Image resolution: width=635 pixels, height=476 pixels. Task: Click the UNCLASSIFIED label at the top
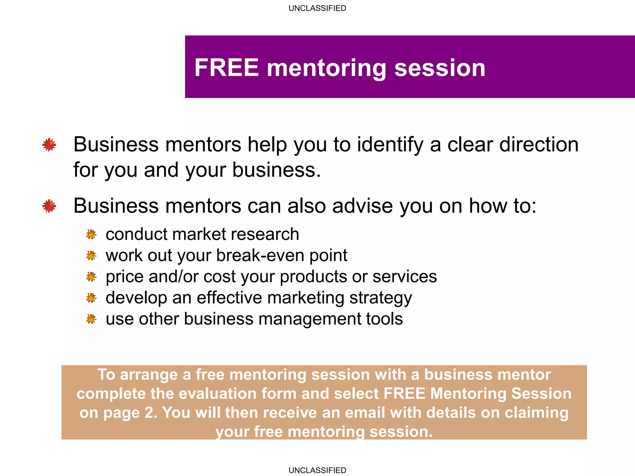[317, 8]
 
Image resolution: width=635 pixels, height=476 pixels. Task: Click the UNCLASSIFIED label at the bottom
[317, 470]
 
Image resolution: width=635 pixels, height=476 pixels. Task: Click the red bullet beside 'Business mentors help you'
[49, 145]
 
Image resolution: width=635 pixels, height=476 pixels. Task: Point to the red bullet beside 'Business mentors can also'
[49, 206]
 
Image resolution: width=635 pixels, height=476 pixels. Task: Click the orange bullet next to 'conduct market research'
[91, 235]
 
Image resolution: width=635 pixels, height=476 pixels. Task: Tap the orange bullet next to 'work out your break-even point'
[91, 256]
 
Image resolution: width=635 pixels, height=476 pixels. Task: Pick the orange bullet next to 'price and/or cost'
[91, 277]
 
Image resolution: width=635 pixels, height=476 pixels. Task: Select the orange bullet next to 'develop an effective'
[91, 298]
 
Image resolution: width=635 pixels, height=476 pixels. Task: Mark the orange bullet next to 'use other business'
[91, 319]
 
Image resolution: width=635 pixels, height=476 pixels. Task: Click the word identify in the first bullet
[390, 145]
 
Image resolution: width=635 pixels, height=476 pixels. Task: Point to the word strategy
[380, 298]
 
